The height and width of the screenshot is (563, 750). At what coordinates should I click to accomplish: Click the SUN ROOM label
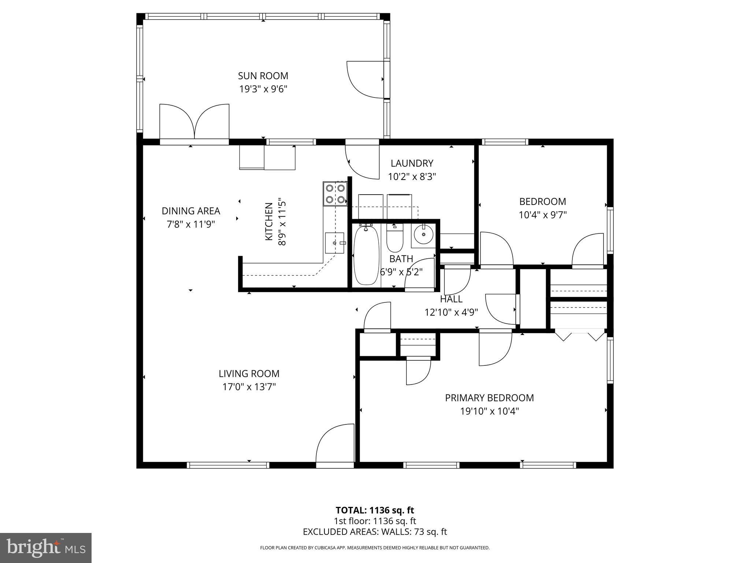click(263, 76)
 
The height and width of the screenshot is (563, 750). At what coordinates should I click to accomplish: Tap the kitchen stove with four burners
click(335, 194)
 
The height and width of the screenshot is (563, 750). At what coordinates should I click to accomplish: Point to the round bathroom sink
click(424, 234)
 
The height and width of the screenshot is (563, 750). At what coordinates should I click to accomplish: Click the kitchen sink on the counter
click(335, 243)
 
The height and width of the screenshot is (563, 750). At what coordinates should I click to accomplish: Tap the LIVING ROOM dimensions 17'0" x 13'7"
click(249, 387)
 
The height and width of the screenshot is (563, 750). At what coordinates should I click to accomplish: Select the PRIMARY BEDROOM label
click(489, 398)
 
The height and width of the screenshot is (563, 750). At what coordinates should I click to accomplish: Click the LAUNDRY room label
click(412, 163)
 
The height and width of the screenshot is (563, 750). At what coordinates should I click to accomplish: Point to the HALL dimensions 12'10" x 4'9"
click(451, 312)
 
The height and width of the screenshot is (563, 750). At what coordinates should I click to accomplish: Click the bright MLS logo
click(46, 548)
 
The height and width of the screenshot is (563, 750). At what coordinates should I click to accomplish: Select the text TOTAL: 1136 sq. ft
click(375, 510)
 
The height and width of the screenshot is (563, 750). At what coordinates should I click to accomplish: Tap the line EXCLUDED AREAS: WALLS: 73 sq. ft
click(375, 532)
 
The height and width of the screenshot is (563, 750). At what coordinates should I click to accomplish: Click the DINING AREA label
click(191, 211)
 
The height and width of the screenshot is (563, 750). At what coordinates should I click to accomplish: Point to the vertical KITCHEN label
click(269, 221)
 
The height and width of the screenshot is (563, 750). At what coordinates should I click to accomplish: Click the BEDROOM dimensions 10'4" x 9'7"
click(543, 215)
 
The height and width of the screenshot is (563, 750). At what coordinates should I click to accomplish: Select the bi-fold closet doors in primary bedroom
click(580, 335)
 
